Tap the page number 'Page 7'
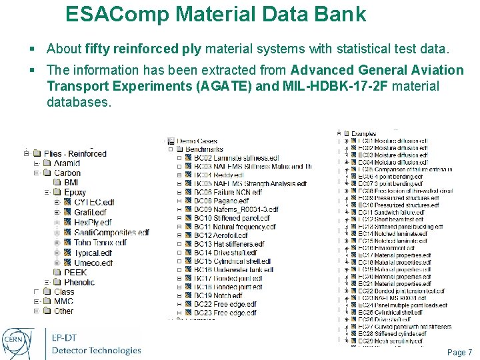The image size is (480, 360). pyautogui.click(x=459, y=352)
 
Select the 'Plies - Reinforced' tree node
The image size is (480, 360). pyautogui.click(x=75, y=153)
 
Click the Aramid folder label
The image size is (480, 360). pyautogui.click(x=67, y=163)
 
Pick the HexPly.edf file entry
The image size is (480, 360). pyautogui.click(x=93, y=222)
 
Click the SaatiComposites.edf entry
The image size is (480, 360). pyautogui.click(x=111, y=233)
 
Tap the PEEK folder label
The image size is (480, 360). pyautogui.click(x=75, y=272)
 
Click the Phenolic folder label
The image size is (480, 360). pyautogui.click(x=79, y=283)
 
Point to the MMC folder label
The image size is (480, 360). pyautogui.click(x=63, y=301)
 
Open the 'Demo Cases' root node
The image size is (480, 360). pyautogui.click(x=197, y=141)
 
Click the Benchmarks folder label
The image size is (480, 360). pyautogui.click(x=204, y=149)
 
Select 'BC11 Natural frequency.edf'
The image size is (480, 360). pyautogui.click(x=230, y=227)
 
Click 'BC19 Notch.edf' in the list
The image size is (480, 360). pyautogui.click(x=217, y=295)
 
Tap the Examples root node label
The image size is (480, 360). pyautogui.click(x=364, y=134)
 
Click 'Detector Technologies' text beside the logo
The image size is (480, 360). pyautogui.click(x=96, y=351)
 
